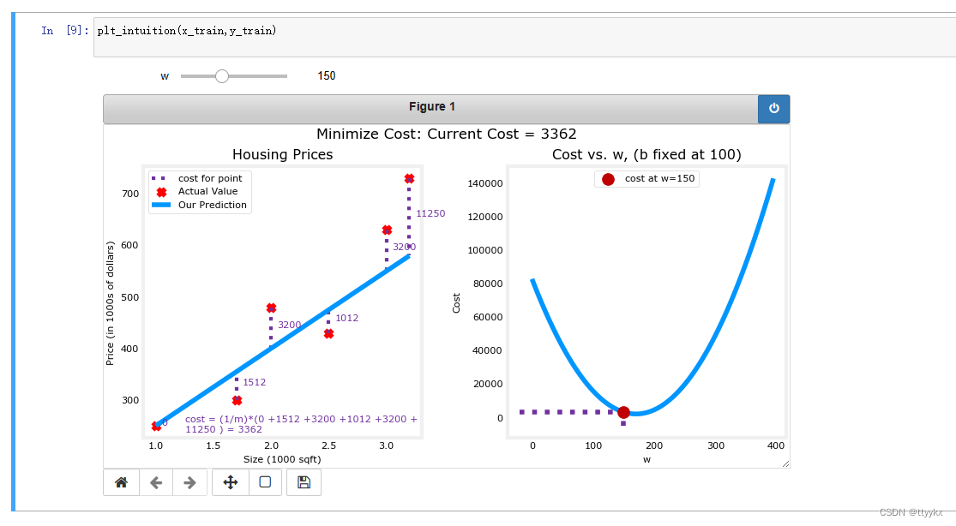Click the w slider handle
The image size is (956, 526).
[222, 76]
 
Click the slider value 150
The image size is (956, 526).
[326, 75]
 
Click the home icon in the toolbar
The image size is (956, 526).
[122, 482]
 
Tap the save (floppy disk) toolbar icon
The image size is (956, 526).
[304, 482]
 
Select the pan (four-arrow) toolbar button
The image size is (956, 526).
[231, 482]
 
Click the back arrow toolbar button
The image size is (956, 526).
[156, 482]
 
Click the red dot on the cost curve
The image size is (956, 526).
[623, 413]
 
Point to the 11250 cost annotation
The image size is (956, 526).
[430, 213]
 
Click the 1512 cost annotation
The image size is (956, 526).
[255, 382]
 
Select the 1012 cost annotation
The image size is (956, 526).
[347, 318]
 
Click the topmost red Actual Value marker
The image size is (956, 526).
[409, 178]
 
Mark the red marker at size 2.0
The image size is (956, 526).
[271, 308]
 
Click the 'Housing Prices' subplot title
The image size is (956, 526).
[282, 154]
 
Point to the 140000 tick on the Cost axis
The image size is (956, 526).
[484, 183]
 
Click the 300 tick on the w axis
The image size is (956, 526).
[716, 445]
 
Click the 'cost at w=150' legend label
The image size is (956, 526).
[659, 178]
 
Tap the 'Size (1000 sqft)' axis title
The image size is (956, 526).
[282, 459]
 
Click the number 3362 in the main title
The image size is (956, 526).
[558, 134]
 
